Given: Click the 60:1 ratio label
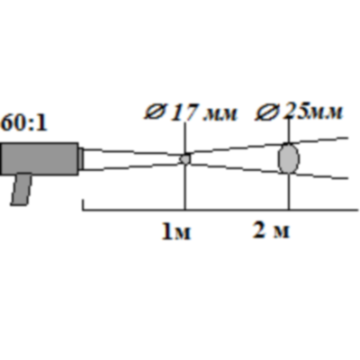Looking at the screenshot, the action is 24,123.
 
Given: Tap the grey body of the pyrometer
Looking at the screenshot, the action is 40,158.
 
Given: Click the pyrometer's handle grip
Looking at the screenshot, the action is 22,189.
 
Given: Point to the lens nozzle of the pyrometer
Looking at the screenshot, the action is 81,158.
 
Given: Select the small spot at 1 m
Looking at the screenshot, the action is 185,158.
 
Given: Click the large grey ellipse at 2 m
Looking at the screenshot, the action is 289,158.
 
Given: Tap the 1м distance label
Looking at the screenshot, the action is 176,231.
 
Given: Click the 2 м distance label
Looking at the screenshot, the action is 272,230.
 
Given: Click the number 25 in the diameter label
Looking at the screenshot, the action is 294,112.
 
